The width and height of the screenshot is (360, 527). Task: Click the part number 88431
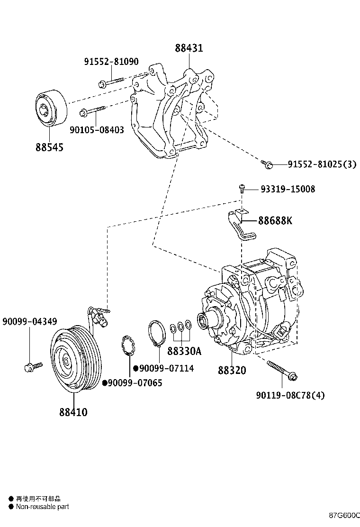coord(189,48)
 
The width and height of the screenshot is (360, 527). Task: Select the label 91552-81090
coord(111,62)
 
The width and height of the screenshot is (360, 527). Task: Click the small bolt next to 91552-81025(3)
coord(267,164)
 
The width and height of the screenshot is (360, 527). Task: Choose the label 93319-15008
coord(287,189)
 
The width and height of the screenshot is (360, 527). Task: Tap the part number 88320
coord(232,370)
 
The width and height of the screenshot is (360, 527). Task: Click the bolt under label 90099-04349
coord(32,366)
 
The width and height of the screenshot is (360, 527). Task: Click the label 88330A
coord(184,351)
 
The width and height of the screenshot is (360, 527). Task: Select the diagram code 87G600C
coord(345,515)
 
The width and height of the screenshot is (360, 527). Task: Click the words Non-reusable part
coord(43,507)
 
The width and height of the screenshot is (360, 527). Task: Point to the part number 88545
coord(49,147)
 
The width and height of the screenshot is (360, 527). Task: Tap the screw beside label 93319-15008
coord(242,189)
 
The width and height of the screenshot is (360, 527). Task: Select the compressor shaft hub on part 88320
coord(207,321)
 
